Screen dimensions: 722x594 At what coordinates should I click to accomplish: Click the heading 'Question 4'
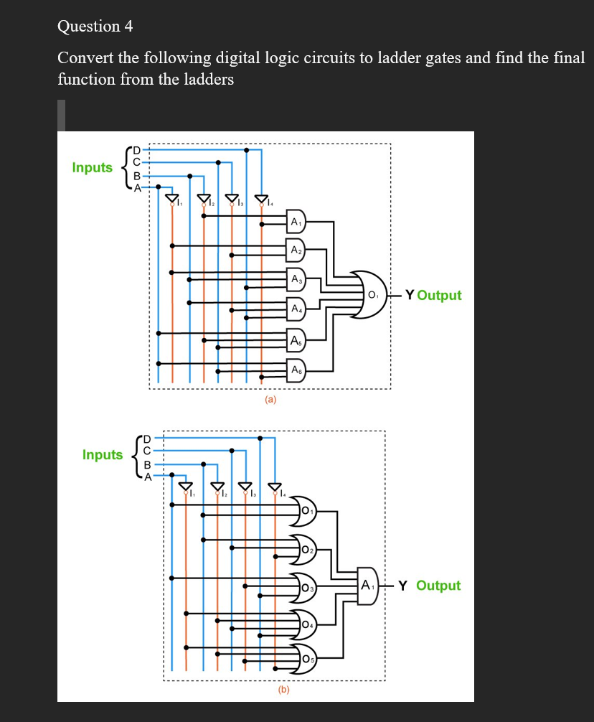(95, 27)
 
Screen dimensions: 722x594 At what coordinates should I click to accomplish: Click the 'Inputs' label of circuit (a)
(93, 167)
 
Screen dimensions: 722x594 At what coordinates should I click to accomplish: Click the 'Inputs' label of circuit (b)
(103, 454)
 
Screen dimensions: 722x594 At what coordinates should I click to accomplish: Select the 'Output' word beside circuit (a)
(439, 295)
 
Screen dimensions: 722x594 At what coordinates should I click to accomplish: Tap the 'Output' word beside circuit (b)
(438, 586)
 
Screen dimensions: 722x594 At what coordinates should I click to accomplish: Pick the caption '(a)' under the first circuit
(270, 399)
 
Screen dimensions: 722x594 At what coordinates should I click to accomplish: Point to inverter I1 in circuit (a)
(171, 199)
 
